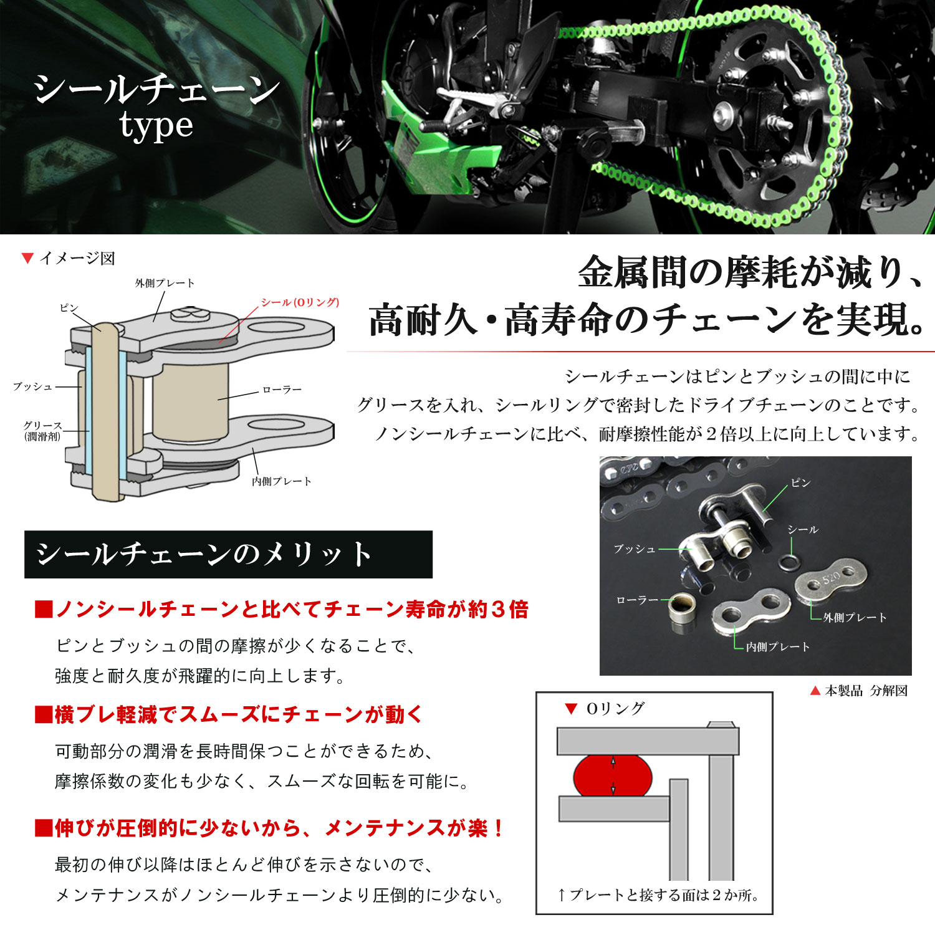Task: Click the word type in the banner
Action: pyautogui.click(x=156, y=127)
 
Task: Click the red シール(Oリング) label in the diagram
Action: pyautogui.click(x=300, y=302)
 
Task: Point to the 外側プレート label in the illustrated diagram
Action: pyautogui.click(x=165, y=283)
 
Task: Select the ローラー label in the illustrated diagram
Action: pyautogui.click(x=282, y=390)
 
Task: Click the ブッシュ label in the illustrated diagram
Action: pyautogui.click(x=33, y=386)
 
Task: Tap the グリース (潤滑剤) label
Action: pyautogui.click(x=42, y=431)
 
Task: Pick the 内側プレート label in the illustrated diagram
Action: pyautogui.click(x=281, y=481)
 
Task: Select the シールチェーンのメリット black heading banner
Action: pyautogui.click(x=228, y=555)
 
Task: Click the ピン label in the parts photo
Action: pyautogui.click(x=800, y=483)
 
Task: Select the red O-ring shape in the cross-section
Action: pyautogui.click(x=612, y=776)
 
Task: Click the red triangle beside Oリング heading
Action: pyautogui.click(x=570, y=708)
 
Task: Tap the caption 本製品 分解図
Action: pyautogui.click(x=866, y=691)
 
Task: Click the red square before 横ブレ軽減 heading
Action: pyautogui.click(x=43, y=715)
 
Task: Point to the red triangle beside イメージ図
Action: pyautogui.click(x=27, y=258)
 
